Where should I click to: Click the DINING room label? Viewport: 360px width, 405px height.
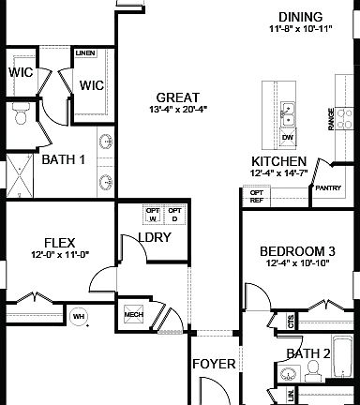tap(300, 17)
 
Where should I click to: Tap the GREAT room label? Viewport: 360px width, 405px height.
tap(176, 97)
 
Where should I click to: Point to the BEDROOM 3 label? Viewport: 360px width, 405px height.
tap(299, 250)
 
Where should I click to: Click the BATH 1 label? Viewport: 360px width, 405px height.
tap(64, 159)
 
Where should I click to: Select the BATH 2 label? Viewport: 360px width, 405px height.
tap(308, 353)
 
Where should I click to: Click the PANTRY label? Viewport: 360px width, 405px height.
tap(328, 188)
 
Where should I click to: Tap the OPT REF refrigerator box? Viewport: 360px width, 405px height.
tap(255, 196)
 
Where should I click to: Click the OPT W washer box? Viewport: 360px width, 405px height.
tap(152, 215)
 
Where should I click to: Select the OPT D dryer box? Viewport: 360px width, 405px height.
tap(173, 215)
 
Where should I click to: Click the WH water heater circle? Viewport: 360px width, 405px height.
tap(79, 316)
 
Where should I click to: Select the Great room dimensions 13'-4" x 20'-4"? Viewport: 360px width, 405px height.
tap(176, 110)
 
